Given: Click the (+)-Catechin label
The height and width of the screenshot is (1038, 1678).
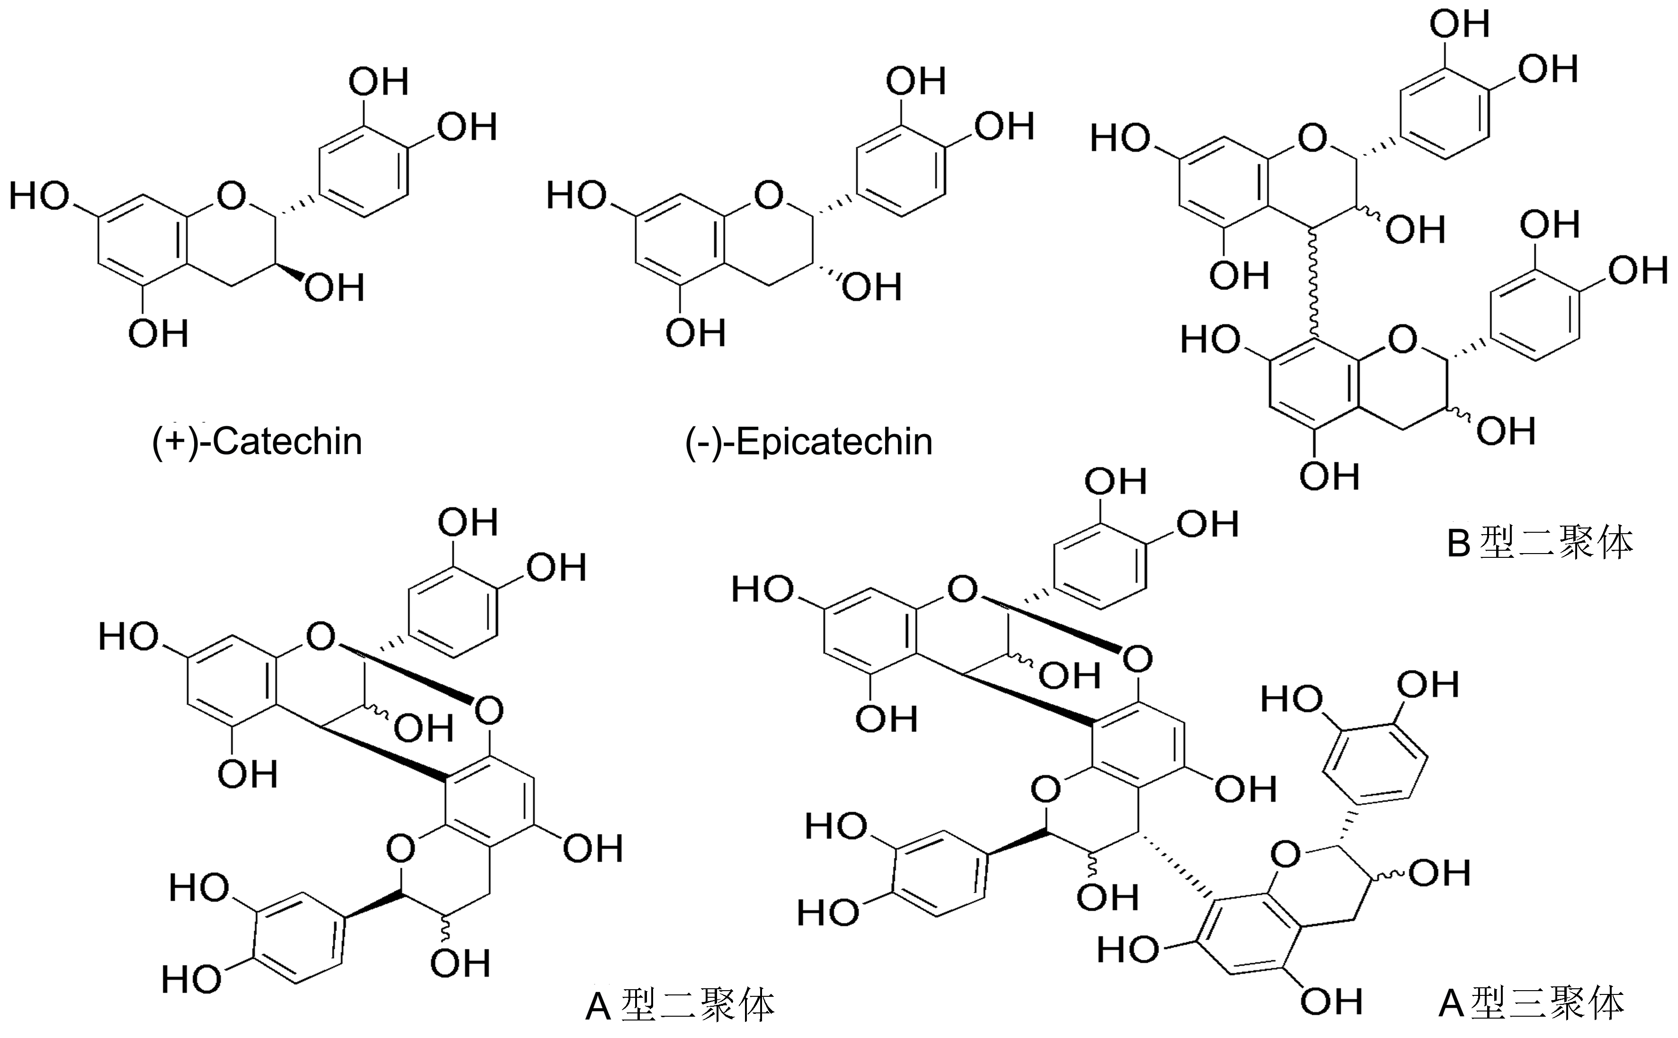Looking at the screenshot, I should (x=257, y=441).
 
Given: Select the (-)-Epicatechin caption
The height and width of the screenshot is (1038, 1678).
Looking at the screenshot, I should (x=809, y=441).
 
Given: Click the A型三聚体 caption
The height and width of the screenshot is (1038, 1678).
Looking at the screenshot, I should (x=1531, y=1003).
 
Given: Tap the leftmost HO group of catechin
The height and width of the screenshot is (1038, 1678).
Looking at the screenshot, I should (x=39, y=197).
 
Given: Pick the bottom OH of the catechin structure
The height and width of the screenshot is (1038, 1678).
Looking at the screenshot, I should (x=158, y=334).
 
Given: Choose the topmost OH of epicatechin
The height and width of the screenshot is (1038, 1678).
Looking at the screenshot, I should (x=915, y=82).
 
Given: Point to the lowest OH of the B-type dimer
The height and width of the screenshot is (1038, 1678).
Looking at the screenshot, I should (x=1329, y=476).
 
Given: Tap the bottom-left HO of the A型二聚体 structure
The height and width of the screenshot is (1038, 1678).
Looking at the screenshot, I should (x=191, y=978).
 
